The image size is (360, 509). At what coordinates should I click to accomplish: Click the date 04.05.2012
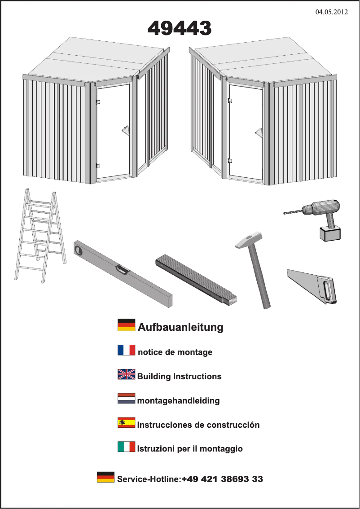[x=332, y=12]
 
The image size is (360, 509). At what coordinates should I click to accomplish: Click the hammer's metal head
[x=249, y=240]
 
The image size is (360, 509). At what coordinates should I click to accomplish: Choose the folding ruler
[x=196, y=279]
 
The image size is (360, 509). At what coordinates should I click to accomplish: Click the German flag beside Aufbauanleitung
[x=126, y=325]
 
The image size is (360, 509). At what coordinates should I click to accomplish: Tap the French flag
[x=126, y=350]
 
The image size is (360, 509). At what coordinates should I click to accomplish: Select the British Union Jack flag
[x=126, y=374]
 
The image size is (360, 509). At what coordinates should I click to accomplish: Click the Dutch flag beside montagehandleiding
[x=126, y=399]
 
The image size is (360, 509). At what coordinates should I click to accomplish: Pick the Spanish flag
[x=126, y=423]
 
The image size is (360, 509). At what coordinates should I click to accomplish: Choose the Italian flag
[x=126, y=447]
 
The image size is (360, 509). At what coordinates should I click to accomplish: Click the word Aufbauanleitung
[x=180, y=327]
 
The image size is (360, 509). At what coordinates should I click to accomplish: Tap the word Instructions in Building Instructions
[x=198, y=377]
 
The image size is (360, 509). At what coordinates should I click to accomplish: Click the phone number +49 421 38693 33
[x=222, y=479]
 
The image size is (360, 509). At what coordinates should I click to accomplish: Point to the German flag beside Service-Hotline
[x=105, y=477]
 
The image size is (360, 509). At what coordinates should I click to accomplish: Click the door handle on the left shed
[x=124, y=131]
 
